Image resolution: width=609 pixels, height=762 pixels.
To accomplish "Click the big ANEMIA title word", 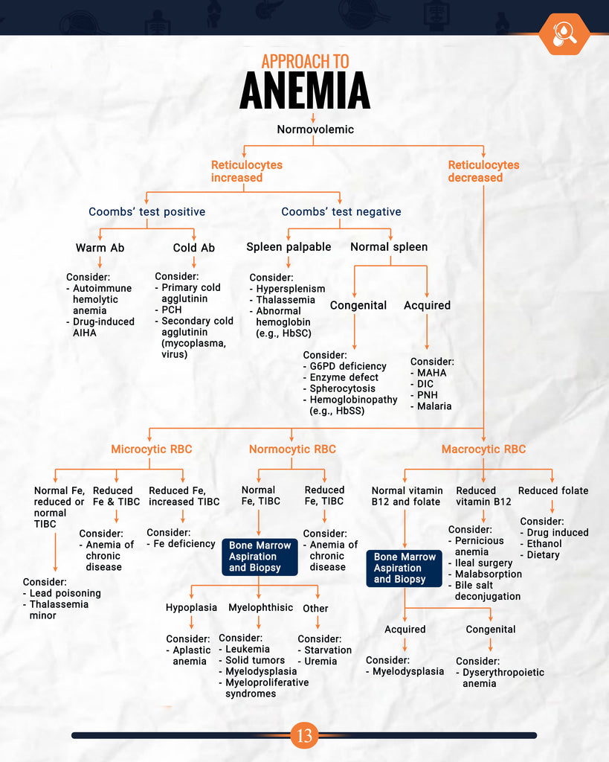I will pos(305,91).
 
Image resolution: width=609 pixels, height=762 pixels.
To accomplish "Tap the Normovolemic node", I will pos(315,129).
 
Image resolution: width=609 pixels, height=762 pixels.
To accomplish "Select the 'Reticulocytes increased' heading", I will pos(247,171).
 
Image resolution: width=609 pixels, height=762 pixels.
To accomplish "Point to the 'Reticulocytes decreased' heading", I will pos(483,171).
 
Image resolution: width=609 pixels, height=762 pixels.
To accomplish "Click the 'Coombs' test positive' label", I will pos(146,212).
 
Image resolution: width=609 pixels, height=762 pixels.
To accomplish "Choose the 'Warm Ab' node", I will pos(100,248).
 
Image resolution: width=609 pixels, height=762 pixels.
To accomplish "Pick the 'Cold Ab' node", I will pos(193,248).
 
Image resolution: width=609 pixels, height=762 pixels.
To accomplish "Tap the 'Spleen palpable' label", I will pos(289,246).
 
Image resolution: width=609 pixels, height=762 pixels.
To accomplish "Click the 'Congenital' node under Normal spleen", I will pos(358,305).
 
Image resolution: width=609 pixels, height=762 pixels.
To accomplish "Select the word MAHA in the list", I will pos(432,373).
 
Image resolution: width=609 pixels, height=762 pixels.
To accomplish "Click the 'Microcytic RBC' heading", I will pos(151,449).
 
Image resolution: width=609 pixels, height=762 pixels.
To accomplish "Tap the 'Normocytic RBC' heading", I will pos(292,449).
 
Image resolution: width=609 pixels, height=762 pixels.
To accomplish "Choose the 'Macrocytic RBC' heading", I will pos(483,449).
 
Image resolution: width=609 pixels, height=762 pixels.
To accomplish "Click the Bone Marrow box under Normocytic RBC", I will pos(260,557).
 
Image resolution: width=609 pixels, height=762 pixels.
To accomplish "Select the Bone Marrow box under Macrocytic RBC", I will pos(404,568).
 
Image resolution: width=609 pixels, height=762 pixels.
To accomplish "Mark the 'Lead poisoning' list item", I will pos(65,593).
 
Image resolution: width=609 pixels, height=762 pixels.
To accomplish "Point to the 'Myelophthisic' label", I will pos(260,608).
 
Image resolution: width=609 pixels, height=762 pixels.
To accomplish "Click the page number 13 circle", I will pos(304,736).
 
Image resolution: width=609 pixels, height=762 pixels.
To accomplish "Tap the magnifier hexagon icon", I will pos(564,33).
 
